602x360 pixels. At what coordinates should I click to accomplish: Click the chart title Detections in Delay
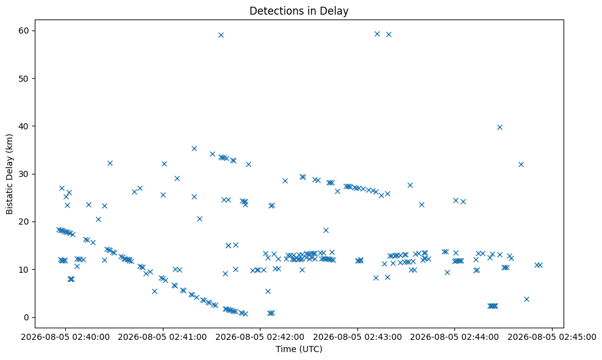(x=299, y=11)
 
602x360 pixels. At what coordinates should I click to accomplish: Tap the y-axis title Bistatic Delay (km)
(x=9, y=174)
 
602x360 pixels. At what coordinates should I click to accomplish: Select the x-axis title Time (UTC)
(x=299, y=349)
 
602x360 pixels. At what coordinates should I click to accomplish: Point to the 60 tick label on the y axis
(x=25, y=31)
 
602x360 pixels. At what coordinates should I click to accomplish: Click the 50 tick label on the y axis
(x=25, y=78)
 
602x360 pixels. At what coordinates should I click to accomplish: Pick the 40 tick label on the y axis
(x=25, y=126)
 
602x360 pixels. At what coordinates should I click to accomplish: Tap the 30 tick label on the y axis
(x=25, y=174)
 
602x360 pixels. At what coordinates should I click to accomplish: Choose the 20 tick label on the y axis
(x=25, y=221)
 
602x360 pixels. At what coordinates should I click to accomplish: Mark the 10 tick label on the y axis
(x=25, y=269)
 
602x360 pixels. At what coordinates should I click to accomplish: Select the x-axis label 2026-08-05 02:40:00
(x=65, y=337)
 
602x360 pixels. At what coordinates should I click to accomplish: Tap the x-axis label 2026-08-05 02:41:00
(x=163, y=337)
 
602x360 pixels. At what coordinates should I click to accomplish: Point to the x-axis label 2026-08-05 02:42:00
(x=260, y=337)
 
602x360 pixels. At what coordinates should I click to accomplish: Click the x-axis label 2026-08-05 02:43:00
(x=357, y=337)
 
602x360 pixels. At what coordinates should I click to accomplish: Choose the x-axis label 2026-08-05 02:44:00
(x=454, y=337)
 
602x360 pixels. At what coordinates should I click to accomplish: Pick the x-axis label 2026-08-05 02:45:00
(x=552, y=337)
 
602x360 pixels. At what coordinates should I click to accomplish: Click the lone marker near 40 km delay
(x=500, y=127)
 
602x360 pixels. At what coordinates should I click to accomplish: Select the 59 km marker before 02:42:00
(x=221, y=35)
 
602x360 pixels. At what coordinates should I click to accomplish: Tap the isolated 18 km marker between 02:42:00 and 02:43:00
(x=326, y=230)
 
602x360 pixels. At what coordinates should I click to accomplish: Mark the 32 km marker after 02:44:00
(x=521, y=164)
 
